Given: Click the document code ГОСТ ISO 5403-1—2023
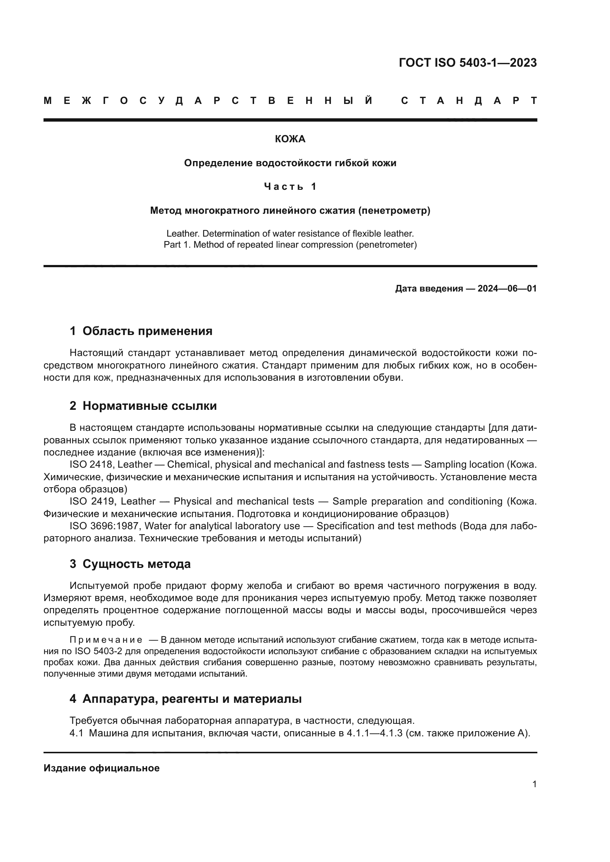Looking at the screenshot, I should point(467,63).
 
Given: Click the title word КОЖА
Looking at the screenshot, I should point(290,139).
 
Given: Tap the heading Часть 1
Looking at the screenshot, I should point(290,186).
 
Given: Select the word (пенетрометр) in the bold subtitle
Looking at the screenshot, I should point(394,211).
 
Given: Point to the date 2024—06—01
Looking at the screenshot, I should point(507,288).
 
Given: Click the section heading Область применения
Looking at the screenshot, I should point(147,331).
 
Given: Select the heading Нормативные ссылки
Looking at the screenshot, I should point(149,406).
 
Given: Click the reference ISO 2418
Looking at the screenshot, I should point(91,465).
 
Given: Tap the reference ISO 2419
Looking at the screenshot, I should point(91,502).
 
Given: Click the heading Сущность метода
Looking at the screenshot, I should point(136,564).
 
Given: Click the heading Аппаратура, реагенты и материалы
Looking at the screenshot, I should point(192,699).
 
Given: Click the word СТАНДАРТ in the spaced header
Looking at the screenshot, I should point(469,101).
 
